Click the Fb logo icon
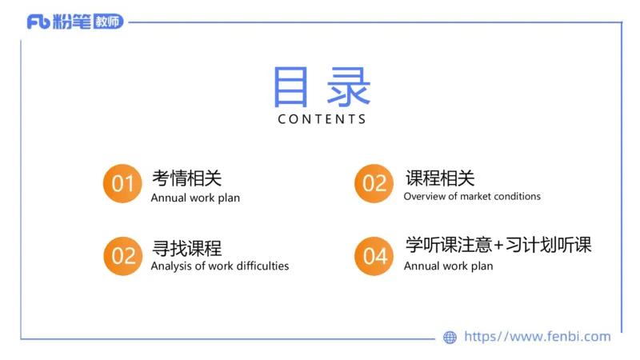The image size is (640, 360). pyautogui.click(x=39, y=22)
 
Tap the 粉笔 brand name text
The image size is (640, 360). pyautogui.click(x=72, y=22)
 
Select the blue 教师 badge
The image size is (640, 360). pyautogui.click(x=108, y=22)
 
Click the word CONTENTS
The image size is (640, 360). pyautogui.click(x=322, y=119)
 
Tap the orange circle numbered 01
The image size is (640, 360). pyautogui.click(x=122, y=184)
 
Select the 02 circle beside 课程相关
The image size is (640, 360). pyautogui.click(x=374, y=184)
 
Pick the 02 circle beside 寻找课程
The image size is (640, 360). pyautogui.click(x=122, y=256)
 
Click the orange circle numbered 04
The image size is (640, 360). pyautogui.click(x=374, y=256)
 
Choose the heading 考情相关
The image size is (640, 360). pyautogui.click(x=186, y=178)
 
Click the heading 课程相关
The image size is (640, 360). pyautogui.click(x=439, y=178)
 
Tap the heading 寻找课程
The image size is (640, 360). pyautogui.click(x=186, y=247)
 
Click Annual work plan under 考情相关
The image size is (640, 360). pyautogui.click(x=195, y=198)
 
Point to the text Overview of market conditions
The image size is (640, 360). pyautogui.click(x=472, y=197)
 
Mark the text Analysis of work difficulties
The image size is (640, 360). pyautogui.click(x=219, y=266)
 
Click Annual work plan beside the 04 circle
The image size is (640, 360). pyautogui.click(x=448, y=266)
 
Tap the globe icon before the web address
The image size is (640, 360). pyautogui.click(x=450, y=338)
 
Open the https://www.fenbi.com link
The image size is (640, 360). pyautogui.click(x=537, y=337)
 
